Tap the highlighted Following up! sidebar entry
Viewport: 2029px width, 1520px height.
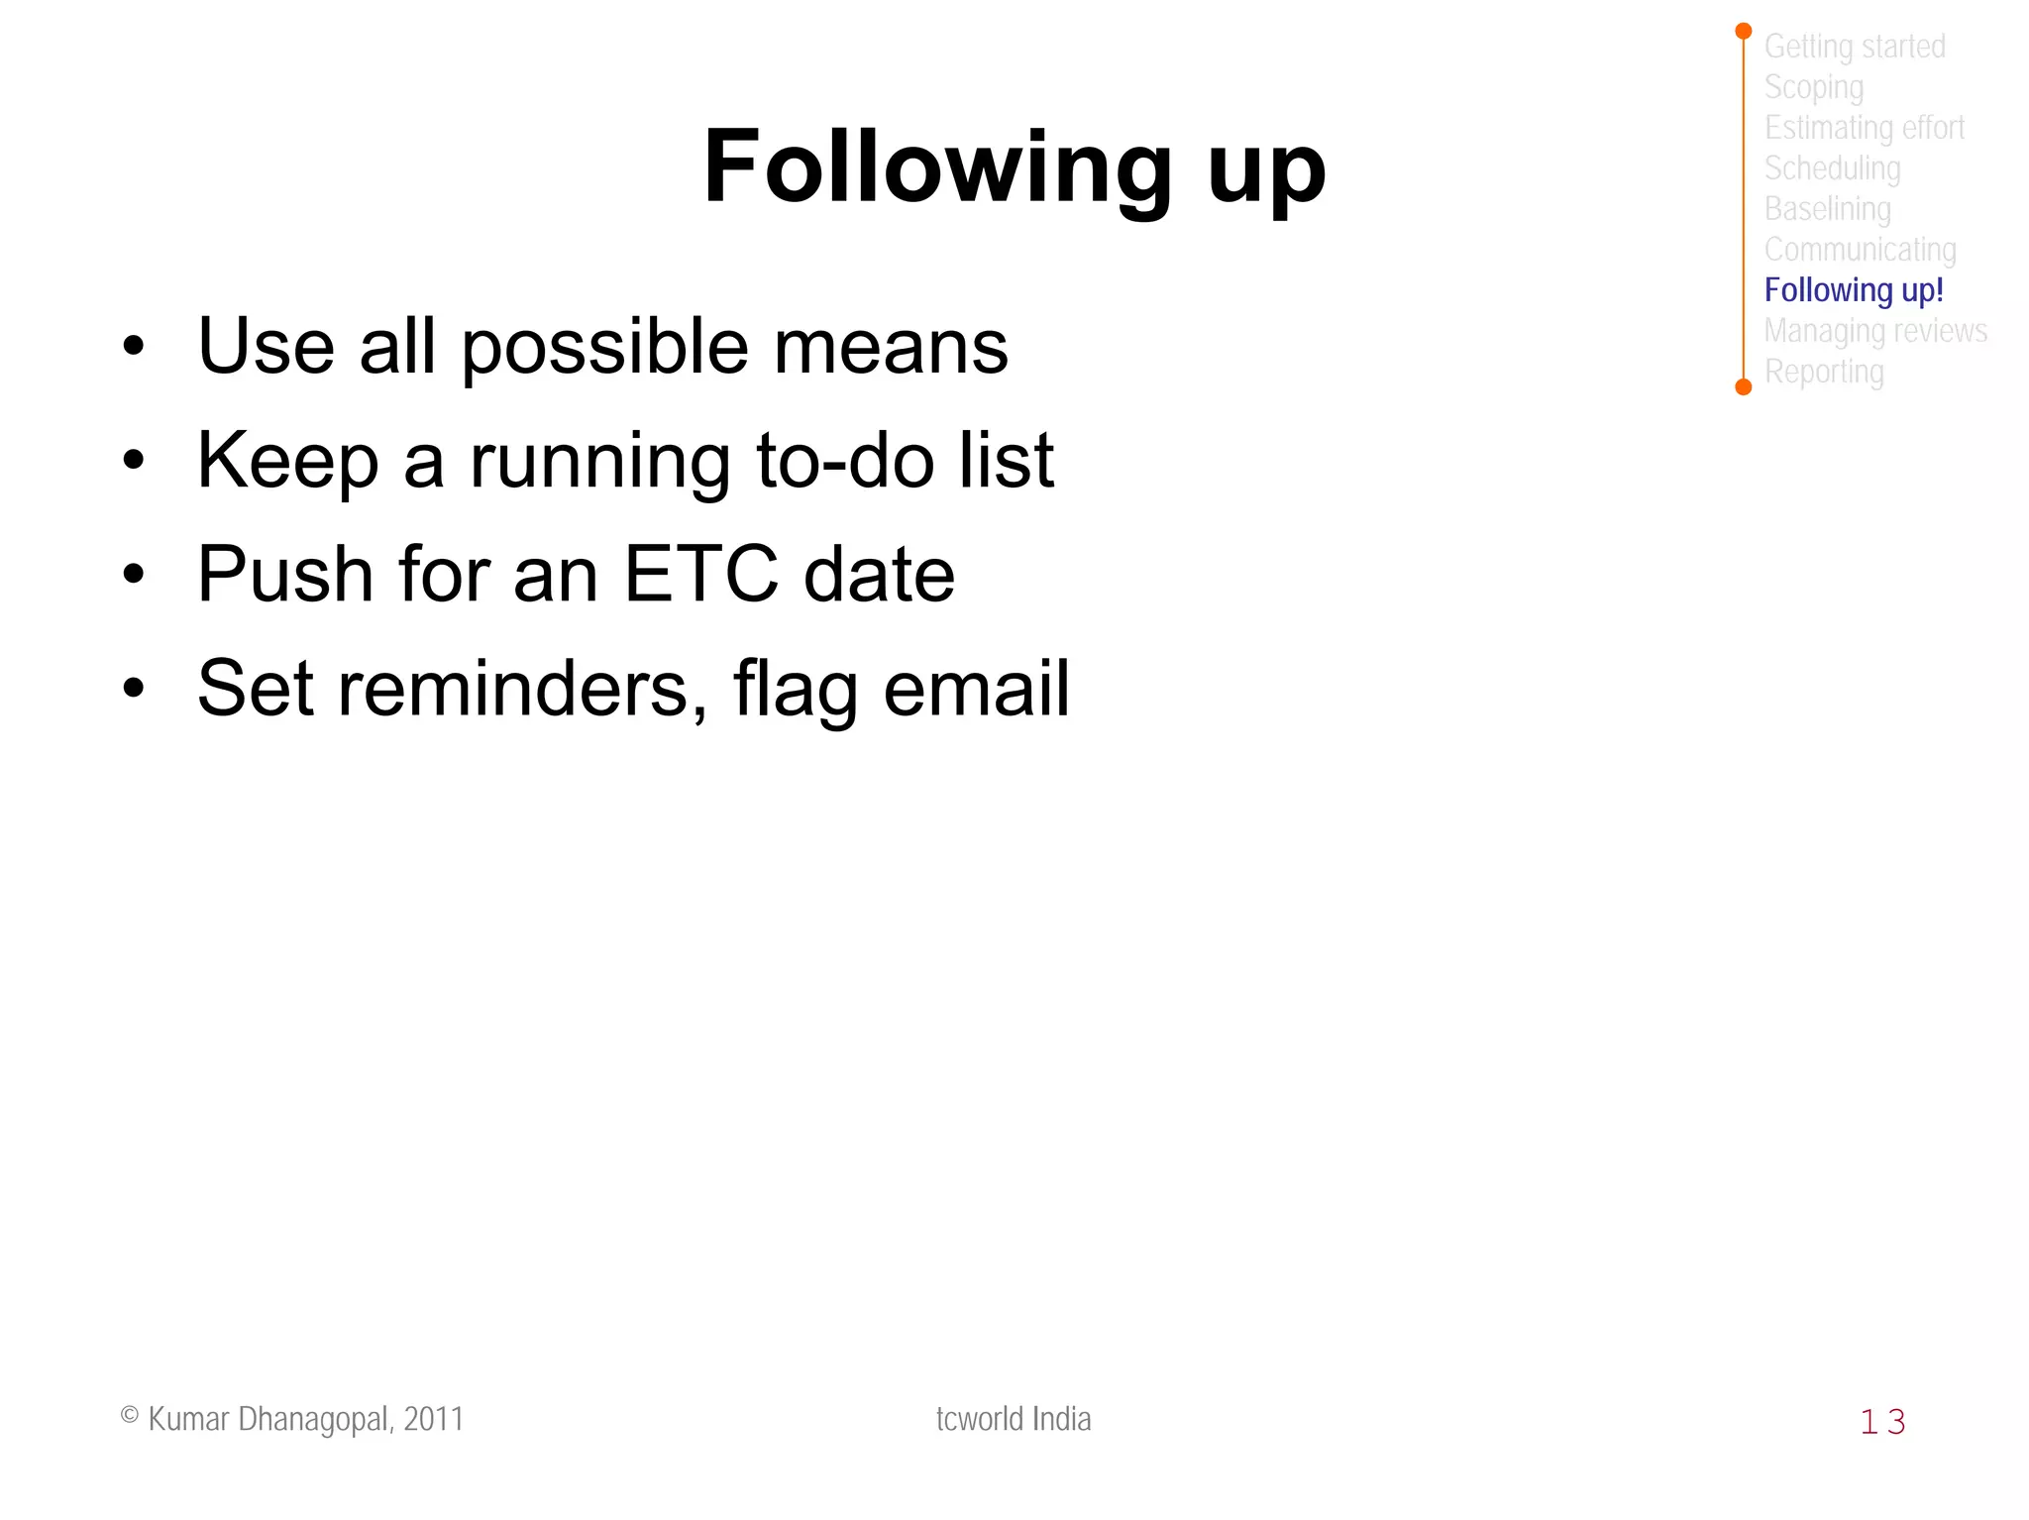tap(1853, 290)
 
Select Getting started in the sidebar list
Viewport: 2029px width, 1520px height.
tap(1854, 47)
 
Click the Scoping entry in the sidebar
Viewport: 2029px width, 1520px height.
tap(1813, 87)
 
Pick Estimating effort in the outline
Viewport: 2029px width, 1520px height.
tap(1864, 128)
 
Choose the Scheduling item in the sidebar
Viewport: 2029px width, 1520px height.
tap(1832, 168)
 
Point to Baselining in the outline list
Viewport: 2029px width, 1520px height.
tap(1827, 209)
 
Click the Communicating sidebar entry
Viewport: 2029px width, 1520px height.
tap(1860, 250)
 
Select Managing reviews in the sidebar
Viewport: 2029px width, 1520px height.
tap(1874, 331)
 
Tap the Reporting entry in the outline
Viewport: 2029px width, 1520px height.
tap(1823, 372)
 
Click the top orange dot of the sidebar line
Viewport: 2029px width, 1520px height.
tap(1744, 32)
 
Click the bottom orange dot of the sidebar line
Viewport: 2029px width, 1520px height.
tap(1744, 386)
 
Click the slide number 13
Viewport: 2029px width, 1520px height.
tap(1881, 1422)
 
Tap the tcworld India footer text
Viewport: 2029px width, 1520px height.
tap(1013, 1419)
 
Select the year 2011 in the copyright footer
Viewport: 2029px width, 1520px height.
tap(434, 1419)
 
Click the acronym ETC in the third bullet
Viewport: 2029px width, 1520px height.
tap(700, 575)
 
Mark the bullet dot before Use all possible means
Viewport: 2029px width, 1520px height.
tap(134, 347)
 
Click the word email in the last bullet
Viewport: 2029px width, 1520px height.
tap(976, 689)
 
